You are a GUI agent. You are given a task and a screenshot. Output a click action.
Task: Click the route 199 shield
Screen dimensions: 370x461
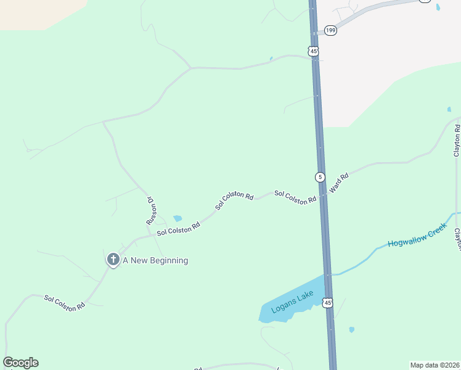(x=331, y=30)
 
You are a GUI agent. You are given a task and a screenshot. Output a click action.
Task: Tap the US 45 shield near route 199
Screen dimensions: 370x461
(x=314, y=51)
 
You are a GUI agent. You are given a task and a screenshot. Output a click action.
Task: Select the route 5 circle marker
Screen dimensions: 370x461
(x=320, y=177)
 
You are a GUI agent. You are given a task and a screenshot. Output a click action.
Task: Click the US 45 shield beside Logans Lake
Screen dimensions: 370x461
(x=327, y=302)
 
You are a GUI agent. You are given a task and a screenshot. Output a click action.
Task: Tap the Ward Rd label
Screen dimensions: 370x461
(x=340, y=184)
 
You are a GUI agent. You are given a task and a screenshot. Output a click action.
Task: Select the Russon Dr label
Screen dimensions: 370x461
(x=150, y=210)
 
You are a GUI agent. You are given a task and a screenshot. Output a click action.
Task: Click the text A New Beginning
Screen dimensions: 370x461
(x=155, y=260)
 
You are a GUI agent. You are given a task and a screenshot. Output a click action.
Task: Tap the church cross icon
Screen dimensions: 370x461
(x=113, y=260)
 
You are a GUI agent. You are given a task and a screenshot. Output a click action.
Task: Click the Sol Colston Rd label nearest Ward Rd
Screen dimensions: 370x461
(x=295, y=197)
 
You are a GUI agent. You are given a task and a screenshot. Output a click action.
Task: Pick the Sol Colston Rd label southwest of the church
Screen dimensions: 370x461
(x=64, y=303)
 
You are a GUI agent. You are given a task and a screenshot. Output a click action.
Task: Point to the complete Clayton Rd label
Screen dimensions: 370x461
(x=457, y=141)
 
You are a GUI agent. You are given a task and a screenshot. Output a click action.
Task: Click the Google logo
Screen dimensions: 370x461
(x=20, y=363)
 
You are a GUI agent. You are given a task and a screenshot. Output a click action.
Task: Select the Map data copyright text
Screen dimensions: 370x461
(x=434, y=364)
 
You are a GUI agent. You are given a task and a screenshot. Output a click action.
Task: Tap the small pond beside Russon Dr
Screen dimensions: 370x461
(x=177, y=218)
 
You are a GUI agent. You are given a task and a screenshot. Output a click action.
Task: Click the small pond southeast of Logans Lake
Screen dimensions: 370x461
(x=351, y=329)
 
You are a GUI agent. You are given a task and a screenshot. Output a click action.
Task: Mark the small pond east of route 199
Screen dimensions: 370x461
(x=438, y=7)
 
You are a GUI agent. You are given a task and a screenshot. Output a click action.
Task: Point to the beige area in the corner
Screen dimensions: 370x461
(x=31, y=12)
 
